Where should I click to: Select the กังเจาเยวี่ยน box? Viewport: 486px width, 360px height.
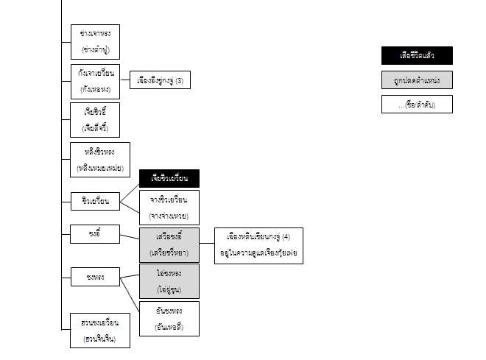click(95, 81)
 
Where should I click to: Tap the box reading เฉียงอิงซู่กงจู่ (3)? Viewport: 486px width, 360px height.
click(159, 80)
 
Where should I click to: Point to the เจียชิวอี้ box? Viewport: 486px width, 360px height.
click(96, 120)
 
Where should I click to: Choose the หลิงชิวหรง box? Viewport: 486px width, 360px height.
click(99, 160)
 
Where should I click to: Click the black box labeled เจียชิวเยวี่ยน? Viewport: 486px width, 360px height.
click(169, 178)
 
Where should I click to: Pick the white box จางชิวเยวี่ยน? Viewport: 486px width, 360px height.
click(169, 208)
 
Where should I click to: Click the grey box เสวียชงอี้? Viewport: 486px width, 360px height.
click(169, 244)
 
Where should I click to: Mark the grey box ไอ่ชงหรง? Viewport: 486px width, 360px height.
click(169, 280)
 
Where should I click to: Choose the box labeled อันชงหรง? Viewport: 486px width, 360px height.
click(169, 317)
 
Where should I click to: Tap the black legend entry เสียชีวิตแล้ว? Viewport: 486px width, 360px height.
click(417, 55)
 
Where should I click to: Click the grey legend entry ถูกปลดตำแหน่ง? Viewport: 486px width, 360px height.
click(417, 80)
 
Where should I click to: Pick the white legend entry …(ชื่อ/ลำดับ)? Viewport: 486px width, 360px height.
click(417, 104)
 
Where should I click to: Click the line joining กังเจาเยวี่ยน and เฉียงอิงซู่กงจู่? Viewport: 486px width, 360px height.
click(124, 80)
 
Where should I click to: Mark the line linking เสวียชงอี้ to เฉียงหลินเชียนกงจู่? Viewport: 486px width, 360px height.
click(207, 244)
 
